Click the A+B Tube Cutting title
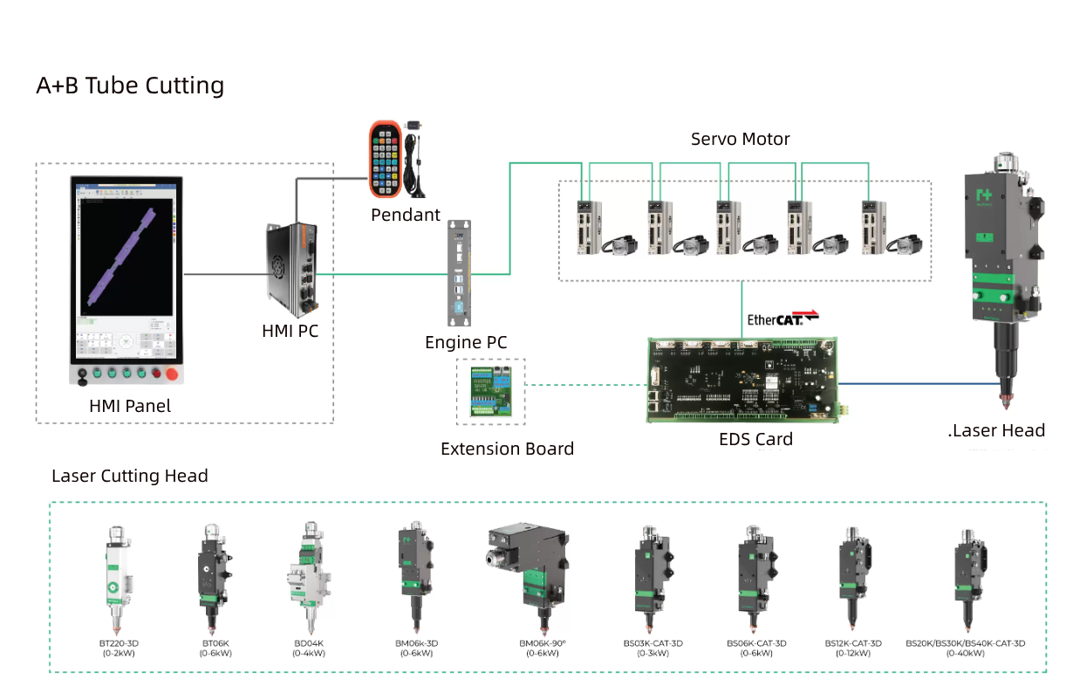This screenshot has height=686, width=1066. click(x=130, y=86)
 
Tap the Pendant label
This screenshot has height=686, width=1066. click(x=406, y=215)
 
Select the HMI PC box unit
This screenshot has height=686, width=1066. click(x=290, y=271)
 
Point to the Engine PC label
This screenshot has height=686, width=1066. click(x=466, y=342)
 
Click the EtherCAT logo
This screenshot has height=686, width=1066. click(x=782, y=319)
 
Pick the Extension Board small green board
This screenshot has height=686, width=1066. click(x=491, y=392)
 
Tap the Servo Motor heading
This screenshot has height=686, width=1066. click(x=740, y=139)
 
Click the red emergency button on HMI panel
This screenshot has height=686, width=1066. click(x=172, y=375)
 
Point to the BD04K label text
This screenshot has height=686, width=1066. click(x=309, y=643)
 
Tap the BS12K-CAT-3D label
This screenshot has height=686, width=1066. click(x=853, y=643)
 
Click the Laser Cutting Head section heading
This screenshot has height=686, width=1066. click(x=130, y=476)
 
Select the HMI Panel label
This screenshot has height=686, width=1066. click(x=130, y=406)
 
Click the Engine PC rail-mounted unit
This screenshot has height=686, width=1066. click(x=459, y=271)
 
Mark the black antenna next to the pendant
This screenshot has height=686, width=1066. click(x=416, y=164)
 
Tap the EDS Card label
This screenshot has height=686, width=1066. click(x=755, y=439)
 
